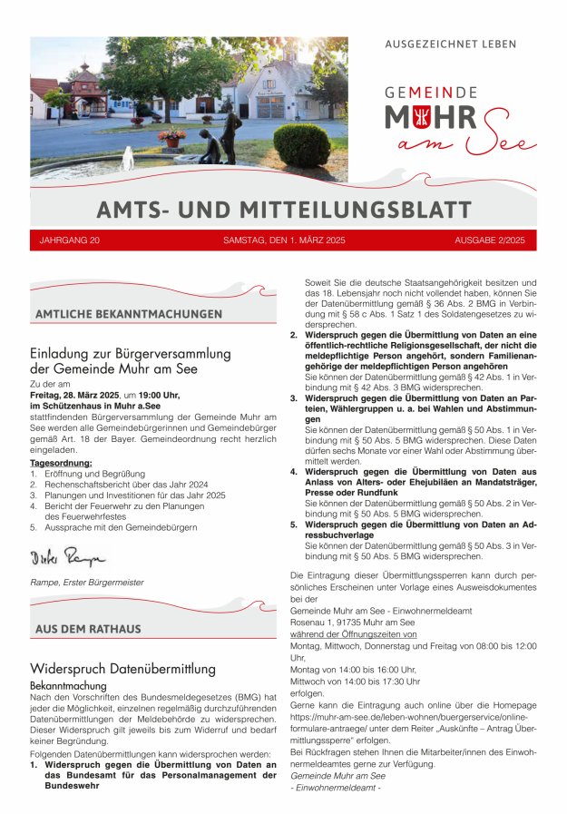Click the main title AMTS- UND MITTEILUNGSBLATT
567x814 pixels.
[x=284, y=210]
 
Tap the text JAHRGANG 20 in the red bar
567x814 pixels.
[x=70, y=240]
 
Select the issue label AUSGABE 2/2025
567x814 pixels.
[x=489, y=240]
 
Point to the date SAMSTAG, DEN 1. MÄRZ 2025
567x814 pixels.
[x=284, y=240]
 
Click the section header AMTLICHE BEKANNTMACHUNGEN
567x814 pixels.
[x=128, y=314]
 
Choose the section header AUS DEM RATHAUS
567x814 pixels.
[x=88, y=629]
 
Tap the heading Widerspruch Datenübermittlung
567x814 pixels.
[x=122, y=669]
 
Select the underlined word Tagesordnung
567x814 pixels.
[x=61, y=463]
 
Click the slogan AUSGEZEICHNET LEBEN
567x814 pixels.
[x=451, y=44]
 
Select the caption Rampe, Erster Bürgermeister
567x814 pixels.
[x=86, y=582]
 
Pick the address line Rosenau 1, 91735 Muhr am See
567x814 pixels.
[x=352, y=623]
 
